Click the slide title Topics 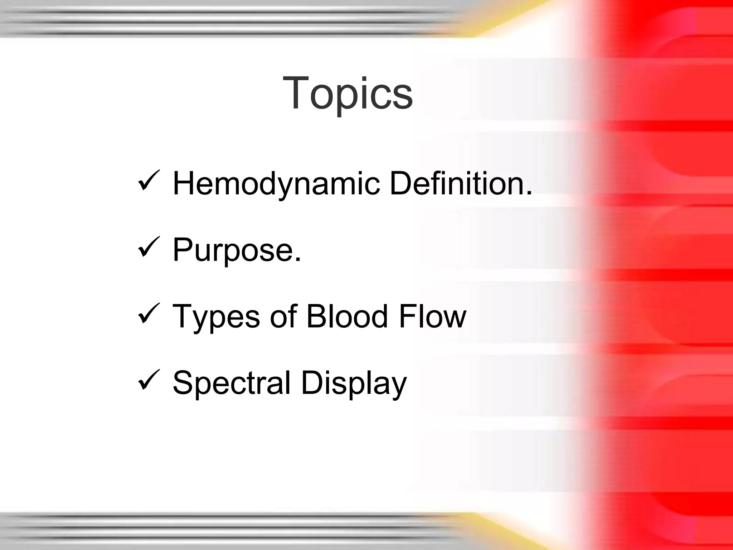point(348,94)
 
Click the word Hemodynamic point(276,184)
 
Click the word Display point(354,383)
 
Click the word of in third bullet point(283,316)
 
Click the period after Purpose point(298,260)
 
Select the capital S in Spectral point(183,382)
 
